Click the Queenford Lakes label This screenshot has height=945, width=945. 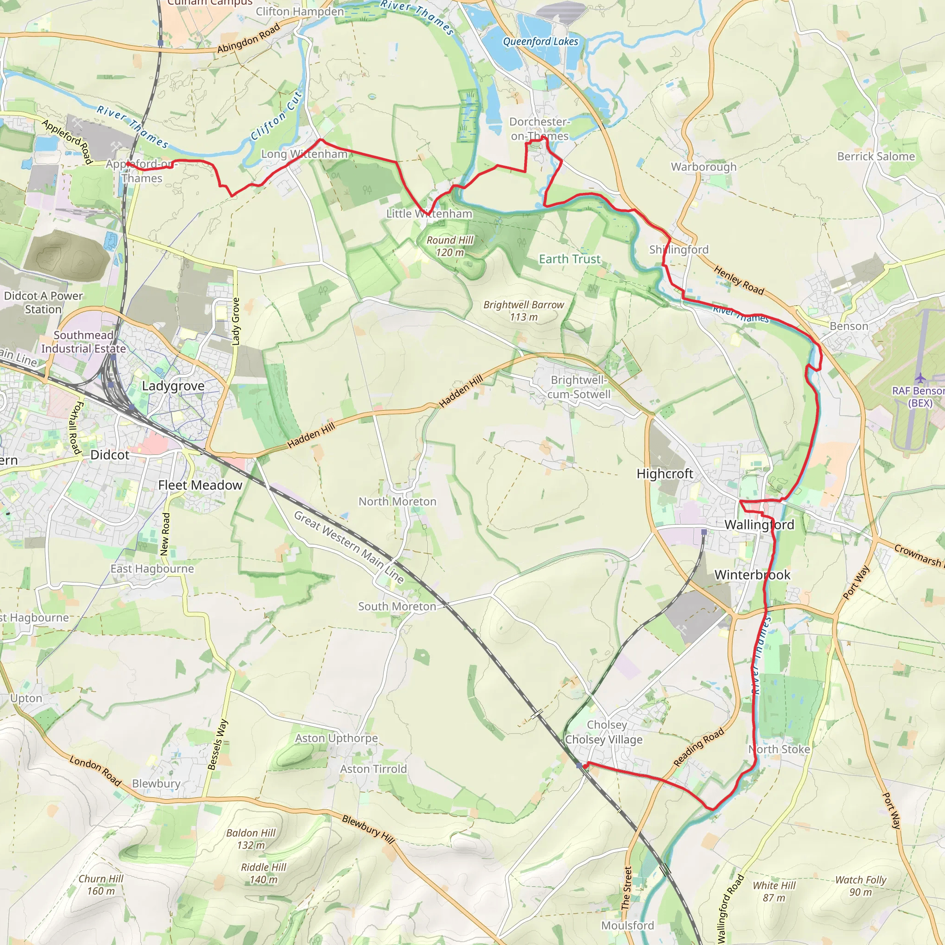pyautogui.click(x=540, y=42)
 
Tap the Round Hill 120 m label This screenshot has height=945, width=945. pyautogui.click(x=449, y=246)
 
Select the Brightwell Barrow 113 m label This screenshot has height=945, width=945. pyautogui.click(x=523, y=311)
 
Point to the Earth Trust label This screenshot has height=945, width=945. pyautogui.click(x=569, y=259)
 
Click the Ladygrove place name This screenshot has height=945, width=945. pyautogui.click(x=173, y=386)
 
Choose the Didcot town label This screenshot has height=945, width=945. pyautogui.click(x=110, y=455)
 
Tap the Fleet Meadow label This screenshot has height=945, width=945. pyautogui.click(x=200, y=485)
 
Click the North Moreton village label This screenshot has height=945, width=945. pyautogui.click(x=397, y=502)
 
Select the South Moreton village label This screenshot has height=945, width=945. pyautogui.click(x=397, y=606)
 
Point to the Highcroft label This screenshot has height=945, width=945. pyautogui.click(x=665, y=473)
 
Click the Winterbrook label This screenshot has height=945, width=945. pyautogui.click(x=752, y=575)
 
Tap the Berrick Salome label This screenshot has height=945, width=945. pyautogui.click(x=875, y=156)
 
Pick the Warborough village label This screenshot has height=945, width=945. pyautogui.click(x=703, y=167)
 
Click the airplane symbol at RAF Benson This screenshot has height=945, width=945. pyautogui.click(x=920, y=377)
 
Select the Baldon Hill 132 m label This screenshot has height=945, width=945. pyautogui.click(x=251, y=839)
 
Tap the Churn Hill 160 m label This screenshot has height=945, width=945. pyautogui.click(x=101, y=885)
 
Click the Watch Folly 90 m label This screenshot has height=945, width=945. pyautogui.click(x=861, y=886)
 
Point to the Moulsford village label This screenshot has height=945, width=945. pyautogui.click(x=628, y=926)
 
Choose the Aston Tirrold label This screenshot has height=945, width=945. pyautogui.click(x=373, y=769)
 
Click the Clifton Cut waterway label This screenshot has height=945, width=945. pyautogui.click(x=276, y=115)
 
